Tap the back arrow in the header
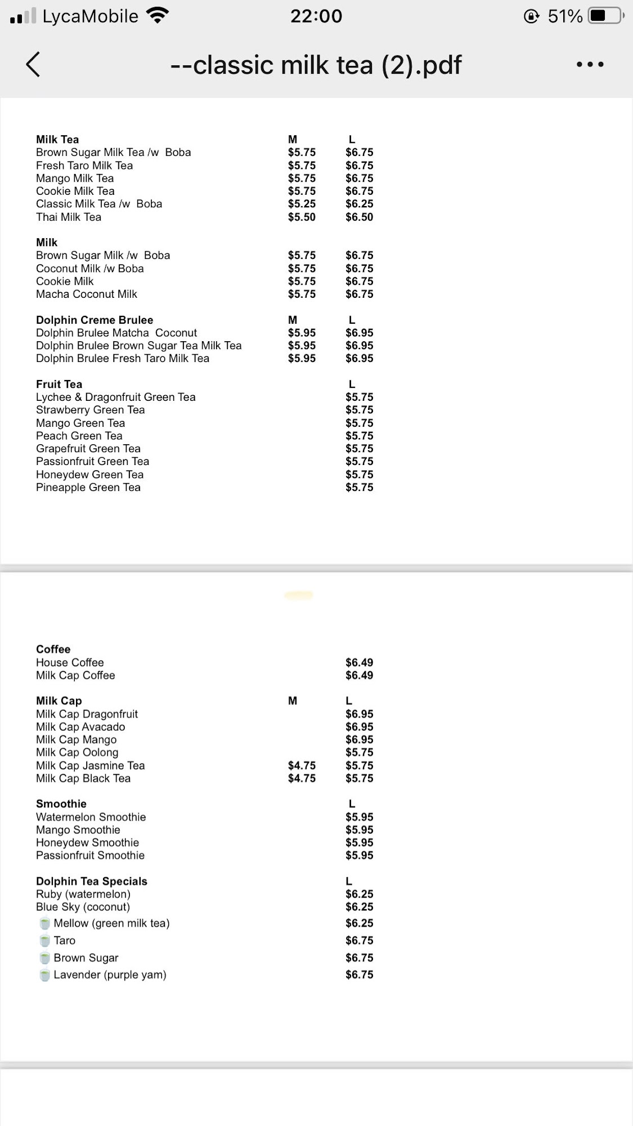point(33,64)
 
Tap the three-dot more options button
point(590,65)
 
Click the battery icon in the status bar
point(605,16)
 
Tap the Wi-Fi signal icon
point(158,16)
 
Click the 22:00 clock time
point(316,16)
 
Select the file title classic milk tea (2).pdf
point(316,65)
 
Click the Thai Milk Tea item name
point(69,217)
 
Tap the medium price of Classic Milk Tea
point(302,204)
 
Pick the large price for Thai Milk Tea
point(359,217)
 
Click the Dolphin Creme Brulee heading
point(95,320)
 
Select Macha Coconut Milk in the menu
point(87,294)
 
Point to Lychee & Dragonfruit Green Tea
point(116,397)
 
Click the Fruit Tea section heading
point(59,384)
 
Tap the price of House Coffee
point(359,662)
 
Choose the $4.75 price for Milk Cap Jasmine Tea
point(302,765)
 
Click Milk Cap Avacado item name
point(80,727)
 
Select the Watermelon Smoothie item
point(91,817)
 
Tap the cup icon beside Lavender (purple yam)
point(44,975)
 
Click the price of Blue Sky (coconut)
point(359,906)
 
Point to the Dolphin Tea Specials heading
point(92,881)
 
